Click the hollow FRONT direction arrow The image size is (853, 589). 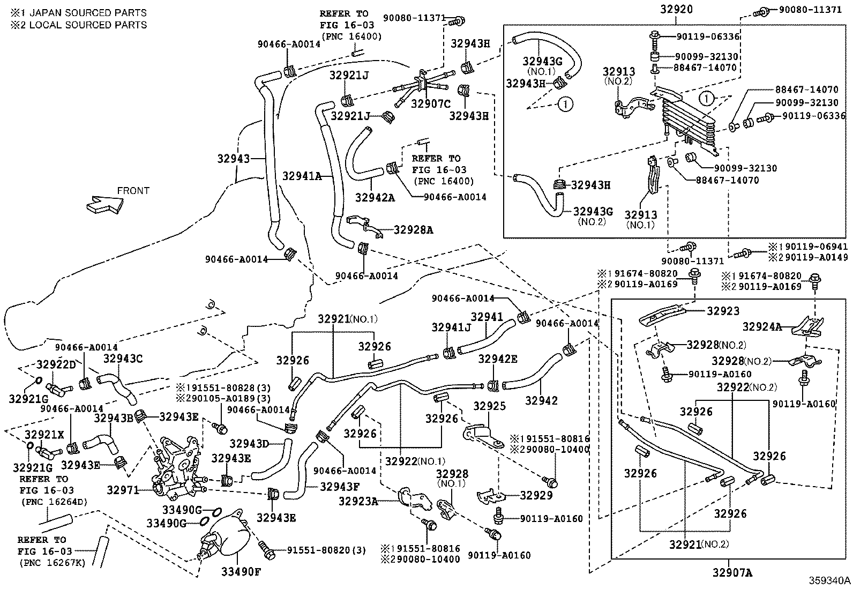click(x=104, y=205)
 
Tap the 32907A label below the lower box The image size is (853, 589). click(x=732, y=573)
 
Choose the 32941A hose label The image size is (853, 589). click(x=302, y=176)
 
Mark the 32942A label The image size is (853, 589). click(x=375, y=198)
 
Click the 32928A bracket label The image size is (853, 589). click(x=413, y=230)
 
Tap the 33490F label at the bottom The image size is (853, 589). click(x=241, y=572)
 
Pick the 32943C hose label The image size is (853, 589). click(x=123, y=359)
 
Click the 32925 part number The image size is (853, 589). click(x=489, y=406)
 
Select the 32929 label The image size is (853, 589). click(x=535, y=496)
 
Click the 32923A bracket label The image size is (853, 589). click(x=358, y=501)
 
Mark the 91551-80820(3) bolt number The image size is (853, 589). click(x=326, y=550)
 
